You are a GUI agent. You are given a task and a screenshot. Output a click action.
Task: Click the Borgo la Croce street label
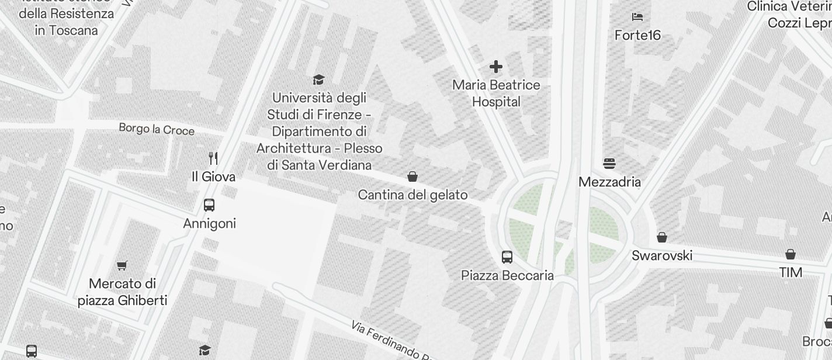[x=157, y=129]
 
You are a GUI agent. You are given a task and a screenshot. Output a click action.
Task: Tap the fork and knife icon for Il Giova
[x=213, y=158]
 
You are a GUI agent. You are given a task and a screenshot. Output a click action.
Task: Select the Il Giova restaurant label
[x=213, y=176]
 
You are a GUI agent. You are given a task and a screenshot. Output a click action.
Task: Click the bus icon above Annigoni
[x=209, y=205]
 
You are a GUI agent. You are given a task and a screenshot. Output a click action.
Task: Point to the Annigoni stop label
[x=209, y=223]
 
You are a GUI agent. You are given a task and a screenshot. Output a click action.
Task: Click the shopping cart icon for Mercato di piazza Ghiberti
[x=122, y=266]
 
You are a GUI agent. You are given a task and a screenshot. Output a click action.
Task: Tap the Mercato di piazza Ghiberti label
[x=123, y=292]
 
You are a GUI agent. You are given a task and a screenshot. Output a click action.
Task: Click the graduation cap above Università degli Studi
[x=318, y=79]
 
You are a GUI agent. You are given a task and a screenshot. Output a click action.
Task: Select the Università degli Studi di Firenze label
[x=319, y=131]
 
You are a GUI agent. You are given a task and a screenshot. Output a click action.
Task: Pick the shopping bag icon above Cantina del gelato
[x=412, y=176]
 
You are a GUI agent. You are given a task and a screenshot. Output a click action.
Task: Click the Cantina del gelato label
[x=412, y=195]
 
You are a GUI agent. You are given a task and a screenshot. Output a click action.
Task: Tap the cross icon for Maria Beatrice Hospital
[x=496, y=67]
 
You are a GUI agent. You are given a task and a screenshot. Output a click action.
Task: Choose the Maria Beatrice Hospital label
[x=496, y=94]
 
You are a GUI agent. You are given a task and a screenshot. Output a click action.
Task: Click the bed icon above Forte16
[x=637, y=17]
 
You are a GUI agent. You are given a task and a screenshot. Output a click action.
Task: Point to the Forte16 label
[x=637, y=35]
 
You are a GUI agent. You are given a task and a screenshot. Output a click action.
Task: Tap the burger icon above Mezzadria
[x=609, y=163]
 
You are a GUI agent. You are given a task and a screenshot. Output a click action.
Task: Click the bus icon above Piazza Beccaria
[x=507, y=257]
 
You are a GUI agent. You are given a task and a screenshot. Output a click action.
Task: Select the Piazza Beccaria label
[x=507, y=275]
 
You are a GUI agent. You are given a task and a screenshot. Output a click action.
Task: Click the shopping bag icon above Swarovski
[x=662, y=237]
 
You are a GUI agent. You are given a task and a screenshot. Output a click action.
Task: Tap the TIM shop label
[x=791, y=272]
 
